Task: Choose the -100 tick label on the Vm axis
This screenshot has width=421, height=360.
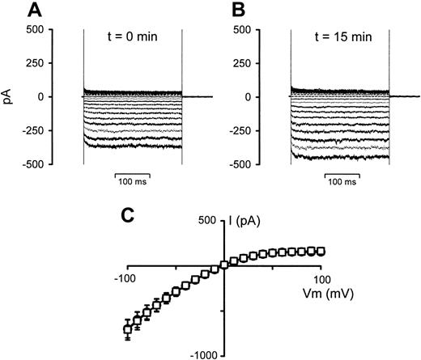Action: pos(128,277)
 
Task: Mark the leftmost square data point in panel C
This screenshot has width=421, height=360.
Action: pos(127,328)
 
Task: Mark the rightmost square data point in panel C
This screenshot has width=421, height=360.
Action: pos(321,251)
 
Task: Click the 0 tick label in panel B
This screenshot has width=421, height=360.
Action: pos(255,97)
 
